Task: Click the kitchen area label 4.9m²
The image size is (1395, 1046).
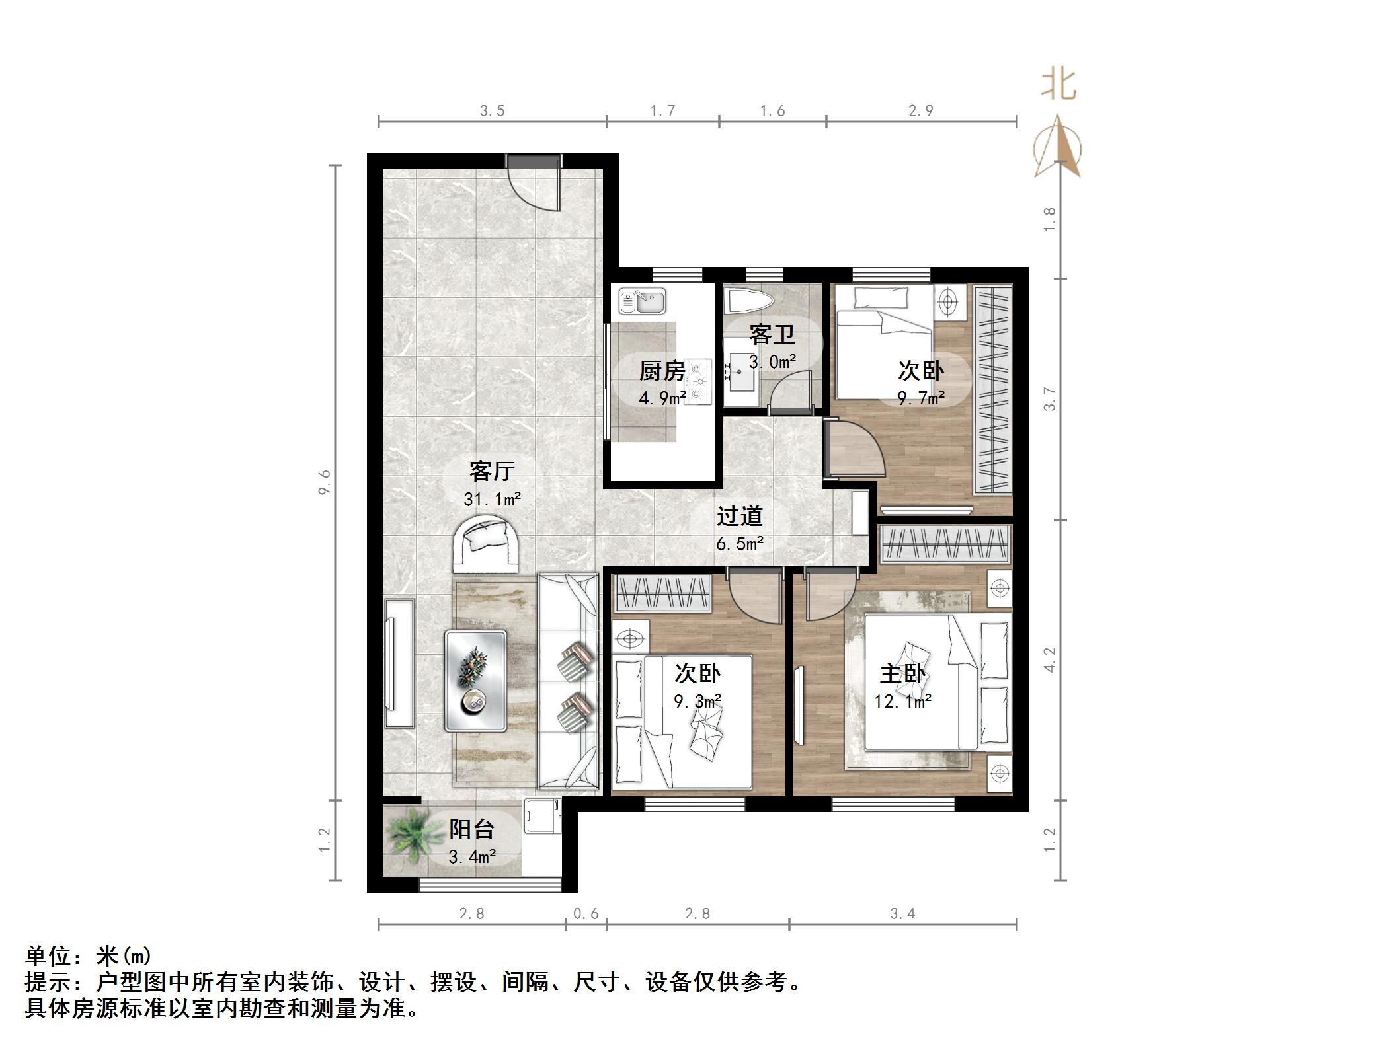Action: [x=662, y=398]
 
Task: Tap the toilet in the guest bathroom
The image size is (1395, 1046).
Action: [x=750, y=303]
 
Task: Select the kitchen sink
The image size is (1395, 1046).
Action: [x=642, y=301]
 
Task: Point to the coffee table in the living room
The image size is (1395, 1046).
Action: [x=475, y=681]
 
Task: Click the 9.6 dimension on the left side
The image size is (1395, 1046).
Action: [x=324, y=482]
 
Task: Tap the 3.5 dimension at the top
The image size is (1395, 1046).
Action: [x=492, y=111]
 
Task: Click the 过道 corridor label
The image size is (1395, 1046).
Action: [x=739, y=516]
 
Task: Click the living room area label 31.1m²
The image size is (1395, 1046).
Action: [x=492, y=500]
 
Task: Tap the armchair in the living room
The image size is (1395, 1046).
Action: [x=486, y=545]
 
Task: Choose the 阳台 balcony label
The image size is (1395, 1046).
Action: [x=471, y=829]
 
